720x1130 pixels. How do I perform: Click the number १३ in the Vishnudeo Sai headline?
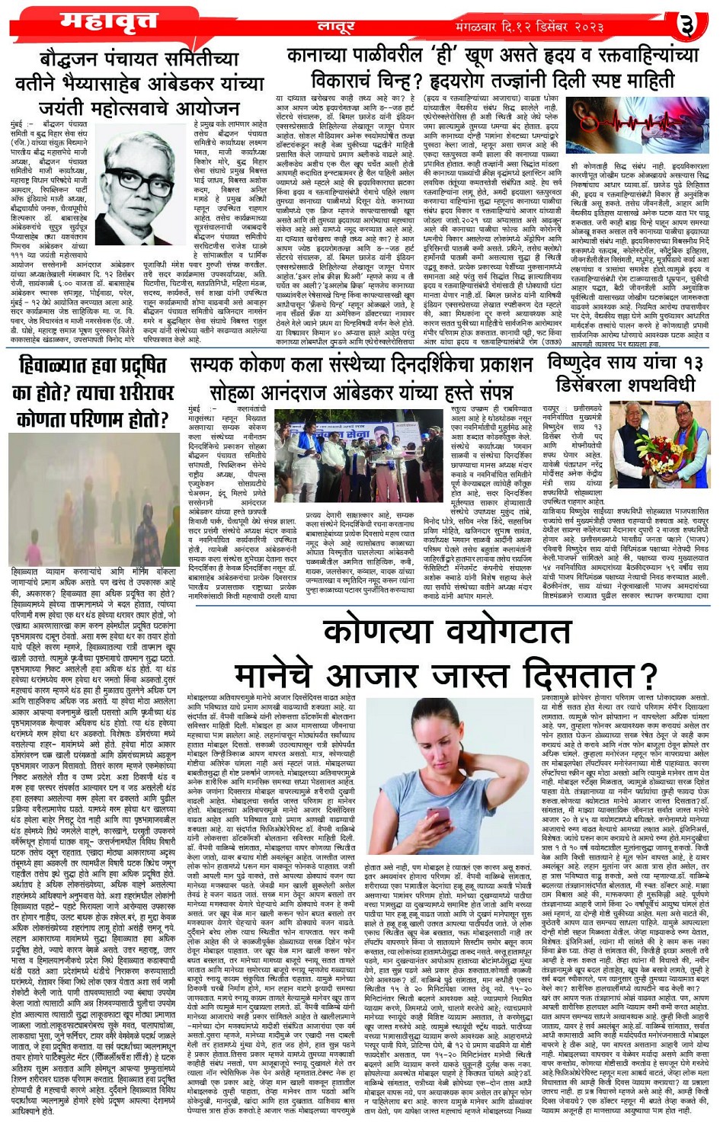692,363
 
